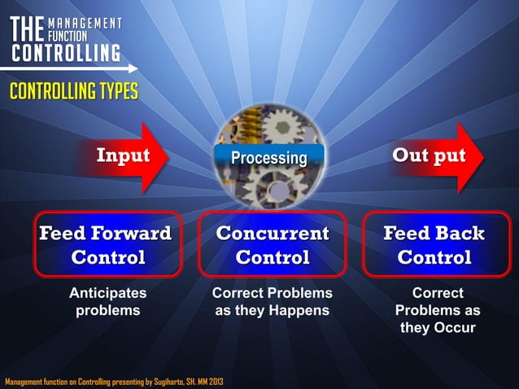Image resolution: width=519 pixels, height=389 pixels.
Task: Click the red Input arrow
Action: pos(130,157)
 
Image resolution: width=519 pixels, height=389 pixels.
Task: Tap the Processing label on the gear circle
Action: pos(268,158)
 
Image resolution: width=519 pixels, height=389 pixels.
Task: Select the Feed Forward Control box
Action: pos(107,245)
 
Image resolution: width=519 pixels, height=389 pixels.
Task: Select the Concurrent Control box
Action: pos(273,245)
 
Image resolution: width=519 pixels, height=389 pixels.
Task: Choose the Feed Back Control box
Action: pos(434,245)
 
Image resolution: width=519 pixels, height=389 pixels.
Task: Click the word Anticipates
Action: pos(107,293)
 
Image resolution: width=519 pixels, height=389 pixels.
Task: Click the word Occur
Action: pos(455,329)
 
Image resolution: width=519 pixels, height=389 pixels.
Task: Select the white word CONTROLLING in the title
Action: pos(64,54)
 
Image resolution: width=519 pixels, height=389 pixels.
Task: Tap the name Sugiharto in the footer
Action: pos(168,381)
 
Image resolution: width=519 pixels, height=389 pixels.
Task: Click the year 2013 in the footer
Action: pos(216,381)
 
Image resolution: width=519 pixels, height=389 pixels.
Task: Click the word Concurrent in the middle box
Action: pos(273,234)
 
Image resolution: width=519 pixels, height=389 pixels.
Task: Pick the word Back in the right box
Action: pos(458,234)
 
